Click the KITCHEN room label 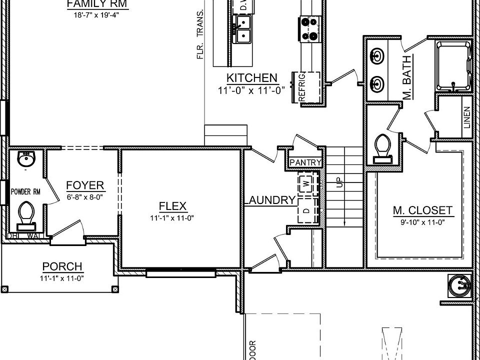coord(251,78)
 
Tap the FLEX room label coord(172,206)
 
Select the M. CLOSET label coord(422,210)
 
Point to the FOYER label coord(85,186)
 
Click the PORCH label coord(62,267)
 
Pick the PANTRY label coord(305,162)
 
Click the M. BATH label coord(406,78)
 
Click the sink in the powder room coord(26,159)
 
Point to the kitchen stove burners coord(309,28)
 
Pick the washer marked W coord(306,184)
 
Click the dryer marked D coord(306,211)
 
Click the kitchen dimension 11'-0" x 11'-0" coord(251,90)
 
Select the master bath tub coord(454,66)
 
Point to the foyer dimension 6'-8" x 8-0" coord(84,197)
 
